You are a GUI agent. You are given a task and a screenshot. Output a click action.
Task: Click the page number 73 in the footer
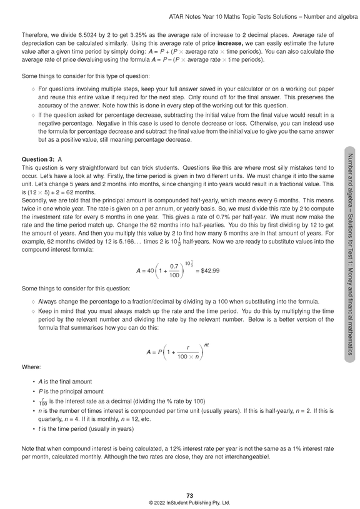[180, 495]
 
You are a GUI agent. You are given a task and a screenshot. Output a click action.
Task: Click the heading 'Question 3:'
[37, 161]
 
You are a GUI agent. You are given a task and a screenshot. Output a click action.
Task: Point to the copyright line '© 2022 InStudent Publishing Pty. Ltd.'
[180, 502]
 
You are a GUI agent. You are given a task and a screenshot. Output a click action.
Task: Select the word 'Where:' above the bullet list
[31, 367]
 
